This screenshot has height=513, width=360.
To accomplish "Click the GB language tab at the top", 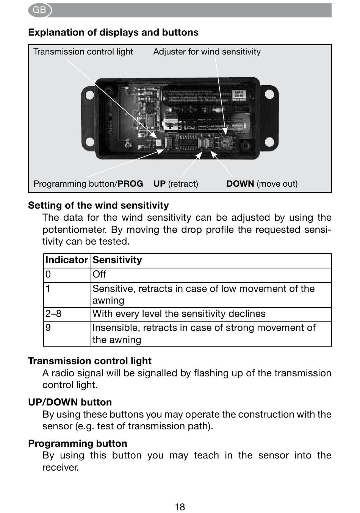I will [x=39, y=10].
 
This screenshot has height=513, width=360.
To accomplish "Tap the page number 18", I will [x=180, y=507].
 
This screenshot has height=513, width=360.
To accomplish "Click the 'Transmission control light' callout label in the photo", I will [x=83, y=52].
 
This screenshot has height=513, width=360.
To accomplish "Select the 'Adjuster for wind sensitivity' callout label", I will [x=207, y=52].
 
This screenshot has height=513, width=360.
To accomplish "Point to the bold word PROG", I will [x=130, y=184].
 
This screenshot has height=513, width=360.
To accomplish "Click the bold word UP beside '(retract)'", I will [x=160, y=184].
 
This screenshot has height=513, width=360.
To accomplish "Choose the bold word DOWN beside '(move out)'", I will [x=240, y=184].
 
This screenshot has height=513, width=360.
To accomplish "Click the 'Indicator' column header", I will [x=66, y=260].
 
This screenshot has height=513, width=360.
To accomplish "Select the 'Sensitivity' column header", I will [x=117, y=260].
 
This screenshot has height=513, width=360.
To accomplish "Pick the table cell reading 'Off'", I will [x=99, y=274].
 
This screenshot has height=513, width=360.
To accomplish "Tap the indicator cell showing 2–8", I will [x=53, y=314].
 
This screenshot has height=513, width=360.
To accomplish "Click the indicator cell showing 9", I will [x=48, y=328].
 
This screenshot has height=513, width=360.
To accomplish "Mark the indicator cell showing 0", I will [x=48, y=274].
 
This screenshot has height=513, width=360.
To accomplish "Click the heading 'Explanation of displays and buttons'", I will [x=113, y=33].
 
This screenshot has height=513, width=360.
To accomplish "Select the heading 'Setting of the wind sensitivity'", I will [x=99, y=206].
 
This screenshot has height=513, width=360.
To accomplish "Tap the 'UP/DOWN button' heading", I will [x=70, y=402].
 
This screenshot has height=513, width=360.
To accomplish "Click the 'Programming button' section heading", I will [x=78, y=443].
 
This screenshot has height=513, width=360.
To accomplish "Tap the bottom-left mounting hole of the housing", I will [x=89, y=142].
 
